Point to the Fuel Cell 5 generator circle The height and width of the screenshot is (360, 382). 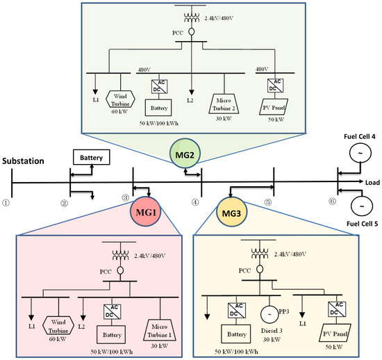[360, 205]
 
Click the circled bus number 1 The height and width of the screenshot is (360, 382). [6, 202]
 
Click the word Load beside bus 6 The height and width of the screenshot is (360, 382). [369, 183]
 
